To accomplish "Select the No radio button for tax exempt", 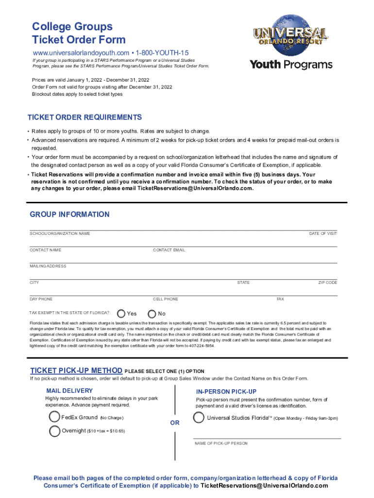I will [x=152, y=314].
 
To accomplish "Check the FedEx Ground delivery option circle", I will [x=54, y=417].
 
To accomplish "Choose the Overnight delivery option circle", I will [x=54, y=431].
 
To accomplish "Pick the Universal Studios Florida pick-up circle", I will [x=198, y=418].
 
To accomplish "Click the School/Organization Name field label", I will [x=60, y=234].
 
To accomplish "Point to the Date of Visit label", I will [x=323, y=234].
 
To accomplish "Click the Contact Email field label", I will [x=169, y=250].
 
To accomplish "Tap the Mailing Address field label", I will [x=48, y=266].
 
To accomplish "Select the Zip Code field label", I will [x=327, y=283].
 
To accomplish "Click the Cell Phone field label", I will [x=165, y=299].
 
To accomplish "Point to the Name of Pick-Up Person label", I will [x=221, y=444].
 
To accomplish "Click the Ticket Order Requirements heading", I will [x=85, y=118].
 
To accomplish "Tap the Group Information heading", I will [x=69, y=214].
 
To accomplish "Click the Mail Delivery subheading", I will [x=69, y=391].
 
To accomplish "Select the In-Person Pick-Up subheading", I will [x=226, y=391].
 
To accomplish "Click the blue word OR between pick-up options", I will [x=175, y=423].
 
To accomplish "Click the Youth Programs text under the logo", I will [x=291, y=65].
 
